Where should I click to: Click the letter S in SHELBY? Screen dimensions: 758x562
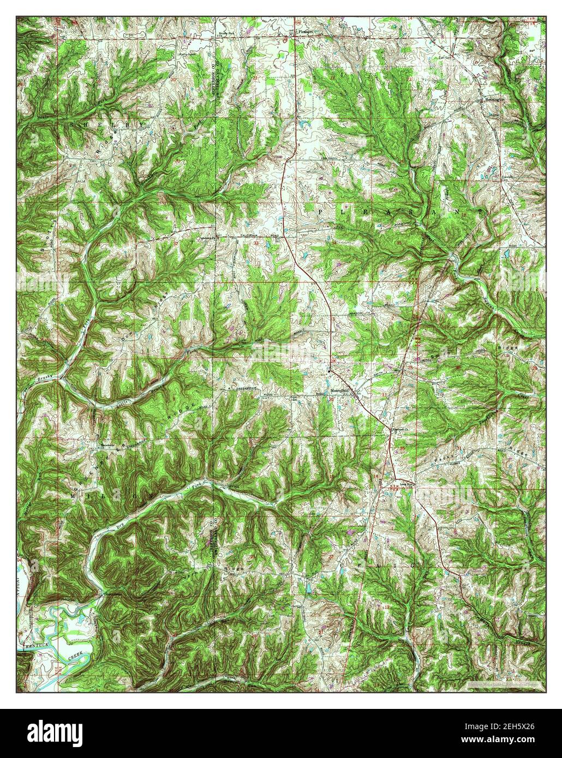72,123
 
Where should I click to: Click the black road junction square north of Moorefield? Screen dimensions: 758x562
330,371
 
